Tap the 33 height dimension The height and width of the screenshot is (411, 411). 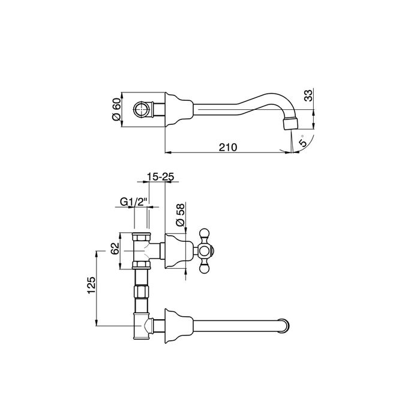tap(308, 96)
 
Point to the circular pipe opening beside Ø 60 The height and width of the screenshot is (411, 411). tap(142, 110)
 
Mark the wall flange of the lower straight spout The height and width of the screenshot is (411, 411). tap(173, 325)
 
